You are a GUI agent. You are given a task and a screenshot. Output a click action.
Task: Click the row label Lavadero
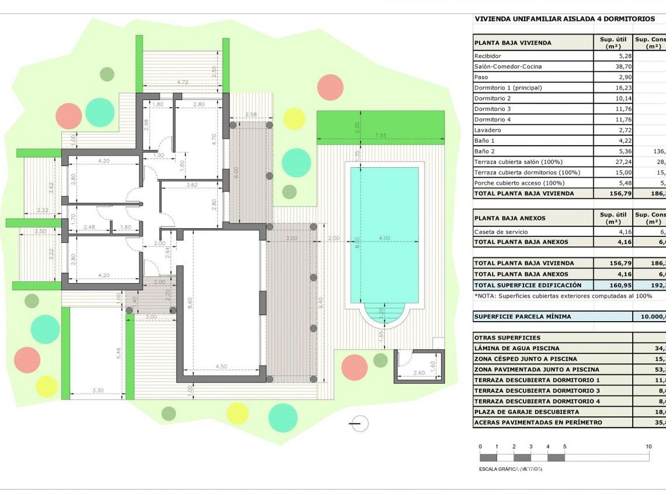pos(488,130)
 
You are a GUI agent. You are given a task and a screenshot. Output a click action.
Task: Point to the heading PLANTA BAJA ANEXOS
pos(510,218)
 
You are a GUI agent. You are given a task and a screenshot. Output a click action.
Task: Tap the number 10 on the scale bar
pos(648,446)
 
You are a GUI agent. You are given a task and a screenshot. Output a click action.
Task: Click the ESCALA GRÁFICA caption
pos(510,469)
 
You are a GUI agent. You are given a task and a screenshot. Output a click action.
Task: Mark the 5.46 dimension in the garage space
pos(119,352)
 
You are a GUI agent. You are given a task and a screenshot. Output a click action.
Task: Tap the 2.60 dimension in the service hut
pos(418,373)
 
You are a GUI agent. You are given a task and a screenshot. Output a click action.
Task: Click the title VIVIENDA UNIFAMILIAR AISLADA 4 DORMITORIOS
pos(565,19)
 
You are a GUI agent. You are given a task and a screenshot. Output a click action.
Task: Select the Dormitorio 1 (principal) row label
pos(508,88)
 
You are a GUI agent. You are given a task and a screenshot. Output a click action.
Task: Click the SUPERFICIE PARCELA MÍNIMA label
pos(523,316)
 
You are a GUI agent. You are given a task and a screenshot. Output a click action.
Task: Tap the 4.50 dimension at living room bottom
pos(221,367)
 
